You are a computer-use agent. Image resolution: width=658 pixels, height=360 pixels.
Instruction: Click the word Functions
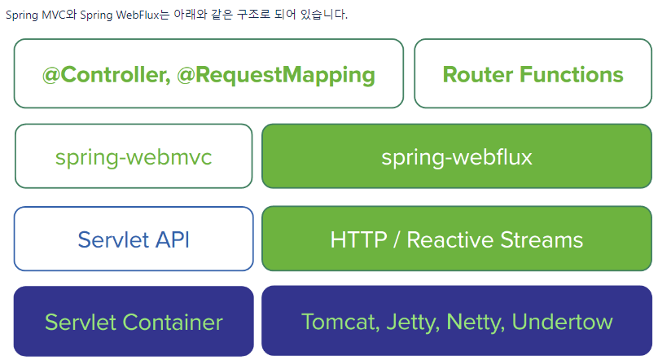572,75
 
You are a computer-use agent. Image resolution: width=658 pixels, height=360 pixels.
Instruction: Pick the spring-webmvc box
134,157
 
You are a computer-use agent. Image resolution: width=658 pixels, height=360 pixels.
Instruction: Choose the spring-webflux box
457,157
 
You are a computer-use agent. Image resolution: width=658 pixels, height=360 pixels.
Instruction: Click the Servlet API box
134,239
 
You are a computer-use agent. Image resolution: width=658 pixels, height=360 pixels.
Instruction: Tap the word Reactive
453,240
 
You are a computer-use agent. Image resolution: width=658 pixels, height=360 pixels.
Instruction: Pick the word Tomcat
335,322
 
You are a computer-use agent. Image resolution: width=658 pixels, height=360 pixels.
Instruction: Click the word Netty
472,322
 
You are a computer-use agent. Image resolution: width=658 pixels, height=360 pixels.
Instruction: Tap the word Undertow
562,322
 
